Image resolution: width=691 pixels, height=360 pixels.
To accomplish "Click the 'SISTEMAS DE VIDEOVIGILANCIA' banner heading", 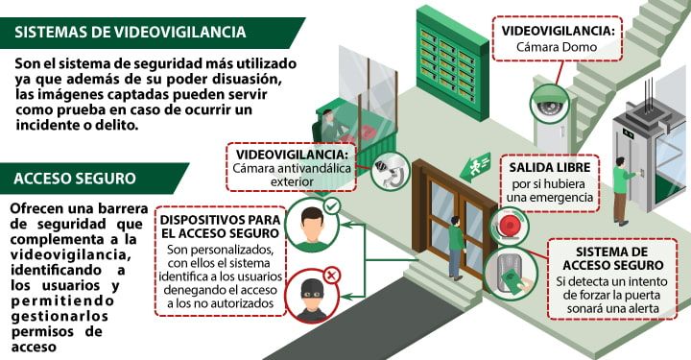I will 129,32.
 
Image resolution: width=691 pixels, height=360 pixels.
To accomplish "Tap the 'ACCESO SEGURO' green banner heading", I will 75,178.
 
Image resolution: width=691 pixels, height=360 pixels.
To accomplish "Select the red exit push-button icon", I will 510,228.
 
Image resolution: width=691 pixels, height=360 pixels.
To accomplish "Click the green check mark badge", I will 331,205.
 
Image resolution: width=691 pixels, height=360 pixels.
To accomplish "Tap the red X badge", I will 332,276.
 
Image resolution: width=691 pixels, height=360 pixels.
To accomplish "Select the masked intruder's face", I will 311,297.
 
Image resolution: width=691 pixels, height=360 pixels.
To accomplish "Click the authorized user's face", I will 310,228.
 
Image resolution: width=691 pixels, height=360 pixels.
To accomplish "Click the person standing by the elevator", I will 622,188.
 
